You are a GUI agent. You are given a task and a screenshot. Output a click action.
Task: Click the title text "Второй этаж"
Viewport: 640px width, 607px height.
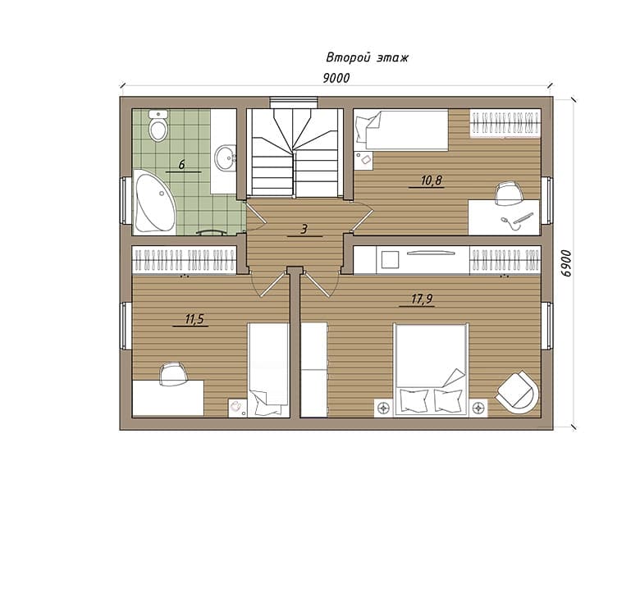click(367, 58)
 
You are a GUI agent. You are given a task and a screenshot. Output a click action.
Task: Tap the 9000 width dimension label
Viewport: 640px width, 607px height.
click(336, 78)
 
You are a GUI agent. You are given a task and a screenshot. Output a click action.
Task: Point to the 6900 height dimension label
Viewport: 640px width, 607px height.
click(566, 263)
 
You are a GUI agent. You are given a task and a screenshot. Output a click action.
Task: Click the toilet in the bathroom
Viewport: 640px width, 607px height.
click(158, 126)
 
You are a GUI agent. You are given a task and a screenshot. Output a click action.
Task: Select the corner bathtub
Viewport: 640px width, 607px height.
click(155, 203)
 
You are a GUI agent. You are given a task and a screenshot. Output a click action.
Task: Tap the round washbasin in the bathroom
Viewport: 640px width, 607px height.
click(226, 157)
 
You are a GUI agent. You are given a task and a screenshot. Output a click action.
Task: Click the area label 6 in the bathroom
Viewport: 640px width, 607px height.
click(182, 165)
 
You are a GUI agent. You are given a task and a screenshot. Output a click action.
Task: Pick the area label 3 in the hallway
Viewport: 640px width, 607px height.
click(304, 229)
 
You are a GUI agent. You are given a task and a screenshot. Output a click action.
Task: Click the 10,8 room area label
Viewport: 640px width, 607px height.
click(432, 180)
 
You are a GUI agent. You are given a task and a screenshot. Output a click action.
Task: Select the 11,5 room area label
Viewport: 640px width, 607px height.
click(194, 319)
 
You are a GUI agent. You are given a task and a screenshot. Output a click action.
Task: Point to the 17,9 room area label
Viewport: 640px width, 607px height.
click(422, 299)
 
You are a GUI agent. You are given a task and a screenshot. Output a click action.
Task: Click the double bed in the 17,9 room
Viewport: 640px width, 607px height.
click(431, 370)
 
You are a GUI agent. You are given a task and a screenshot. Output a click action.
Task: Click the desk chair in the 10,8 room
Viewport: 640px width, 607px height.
click(509, 194)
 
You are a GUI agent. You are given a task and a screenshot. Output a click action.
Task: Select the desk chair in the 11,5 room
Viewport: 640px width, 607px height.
click(173, 375)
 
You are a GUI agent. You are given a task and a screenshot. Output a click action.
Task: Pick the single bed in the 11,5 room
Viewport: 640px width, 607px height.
click(268, 370)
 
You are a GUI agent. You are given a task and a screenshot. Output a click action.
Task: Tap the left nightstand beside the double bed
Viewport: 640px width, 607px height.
click(383, 408)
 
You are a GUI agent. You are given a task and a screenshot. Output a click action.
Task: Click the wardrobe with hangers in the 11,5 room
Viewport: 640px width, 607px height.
click(185, 260)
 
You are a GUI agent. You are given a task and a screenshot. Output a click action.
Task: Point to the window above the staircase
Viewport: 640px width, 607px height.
click(294, 103)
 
